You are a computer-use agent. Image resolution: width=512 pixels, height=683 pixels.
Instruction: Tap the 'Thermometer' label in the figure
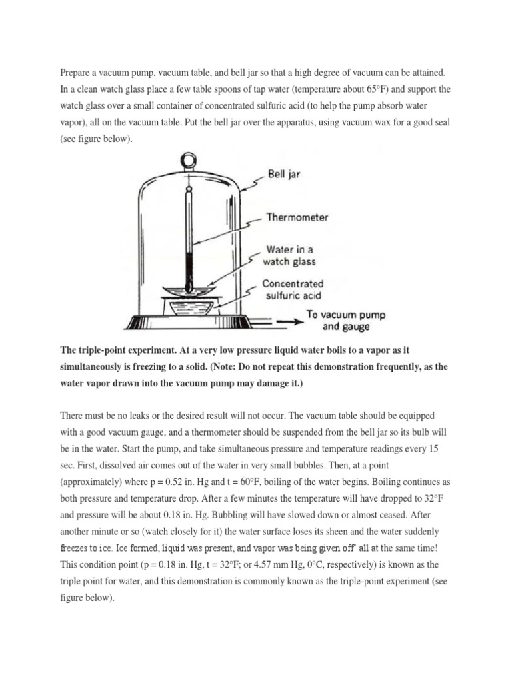pyautogui.click(x=297, y=217)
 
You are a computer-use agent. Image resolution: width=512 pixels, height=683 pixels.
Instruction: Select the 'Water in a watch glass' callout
pyautogui.click(x=291, y=256)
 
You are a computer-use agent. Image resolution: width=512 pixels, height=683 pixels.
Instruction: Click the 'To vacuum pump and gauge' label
pyautogui.click(x=345, y=321)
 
